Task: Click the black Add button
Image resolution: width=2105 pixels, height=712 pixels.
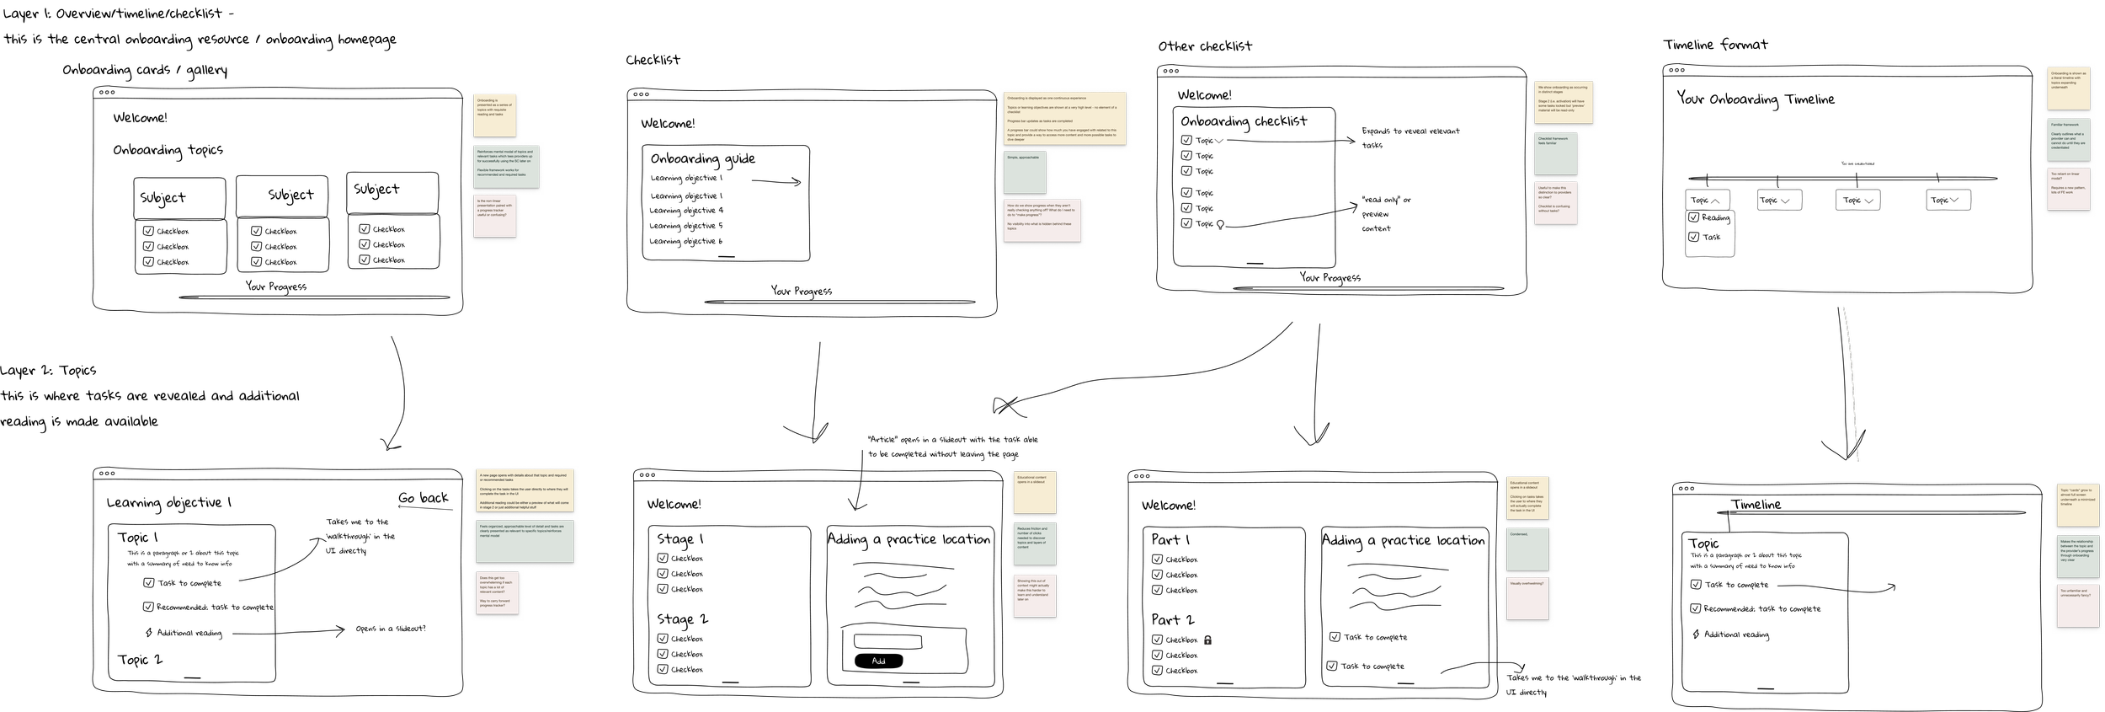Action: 878,661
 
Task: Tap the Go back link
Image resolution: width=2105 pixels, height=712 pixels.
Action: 424,498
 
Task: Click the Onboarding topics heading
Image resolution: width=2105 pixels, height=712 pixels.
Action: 168,151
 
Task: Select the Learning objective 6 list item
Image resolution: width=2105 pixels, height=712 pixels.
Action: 685,242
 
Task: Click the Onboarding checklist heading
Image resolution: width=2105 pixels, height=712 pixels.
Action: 1244,121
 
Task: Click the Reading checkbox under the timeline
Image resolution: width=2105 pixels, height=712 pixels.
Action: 1694,217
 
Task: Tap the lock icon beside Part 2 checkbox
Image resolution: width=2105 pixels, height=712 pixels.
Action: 1207,640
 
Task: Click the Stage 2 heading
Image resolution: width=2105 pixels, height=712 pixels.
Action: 682,619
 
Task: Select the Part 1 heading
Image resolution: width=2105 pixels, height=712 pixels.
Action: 1170,539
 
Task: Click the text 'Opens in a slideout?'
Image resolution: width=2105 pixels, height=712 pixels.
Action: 390,629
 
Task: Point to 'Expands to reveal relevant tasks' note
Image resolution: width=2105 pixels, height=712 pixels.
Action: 1410,137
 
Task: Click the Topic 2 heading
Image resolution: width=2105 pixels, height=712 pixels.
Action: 140,660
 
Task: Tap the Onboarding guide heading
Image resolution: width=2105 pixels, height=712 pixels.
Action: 703,159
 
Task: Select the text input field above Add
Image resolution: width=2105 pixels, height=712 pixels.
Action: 887,642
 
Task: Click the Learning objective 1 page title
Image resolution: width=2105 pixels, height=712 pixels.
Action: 168,503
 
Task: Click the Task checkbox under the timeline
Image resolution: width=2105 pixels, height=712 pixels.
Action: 1694,237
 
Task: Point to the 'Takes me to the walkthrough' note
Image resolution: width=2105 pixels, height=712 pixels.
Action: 360,536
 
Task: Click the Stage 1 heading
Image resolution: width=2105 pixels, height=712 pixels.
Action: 680,539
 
